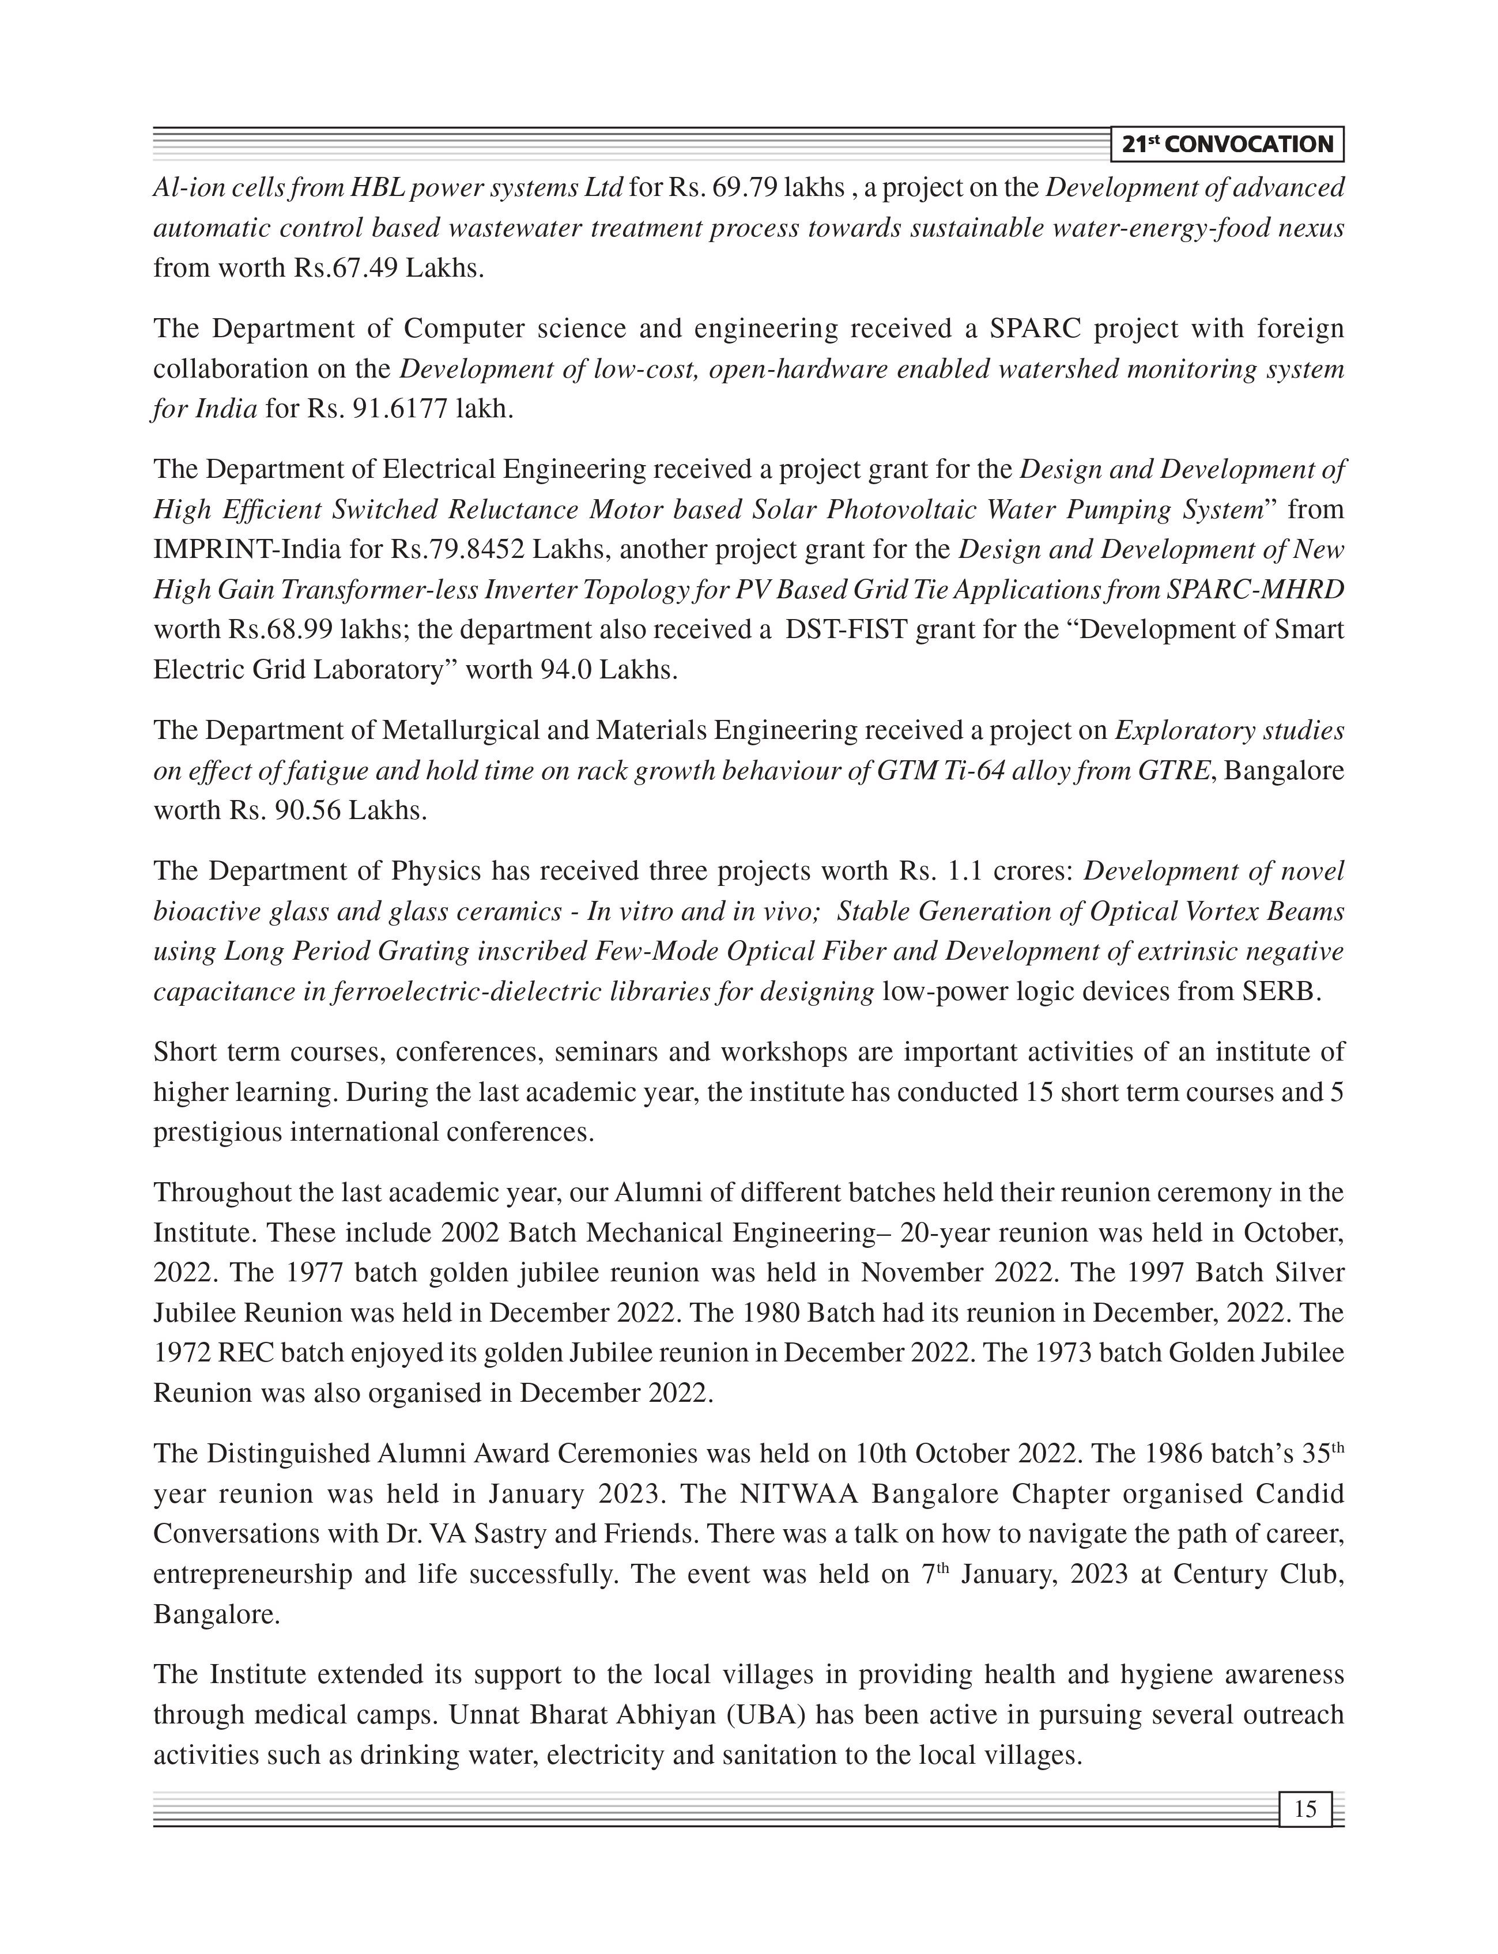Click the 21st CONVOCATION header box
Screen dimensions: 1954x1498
tap(1227, 145)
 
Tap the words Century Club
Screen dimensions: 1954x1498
tap(1258, 1575)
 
